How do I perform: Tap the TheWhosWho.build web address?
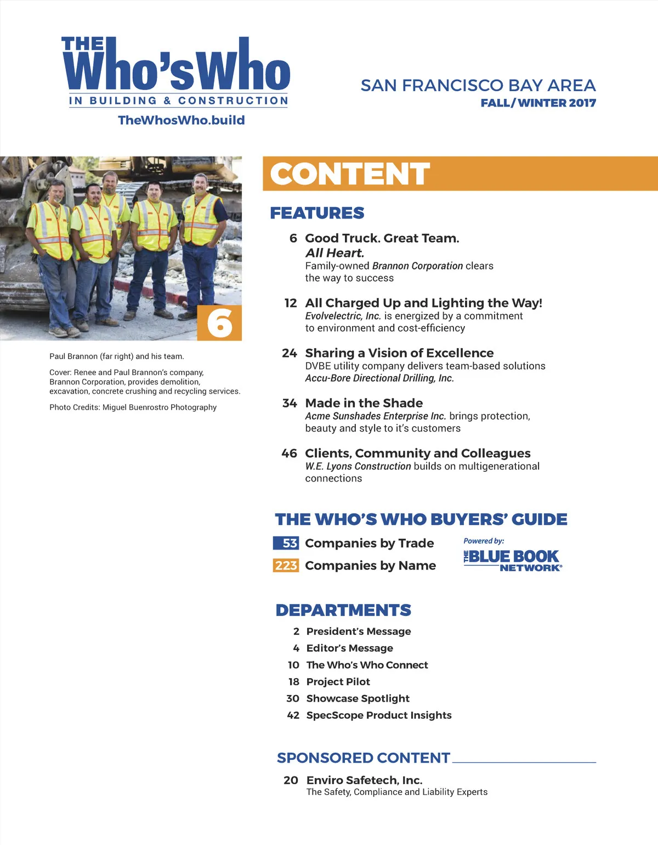[181, 120]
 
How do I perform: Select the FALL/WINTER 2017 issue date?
[538, 103]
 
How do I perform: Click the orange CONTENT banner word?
[350, 174]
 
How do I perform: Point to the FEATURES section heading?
[317, 213]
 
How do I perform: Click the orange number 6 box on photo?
[219, 323]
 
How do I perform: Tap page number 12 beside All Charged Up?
[291, 303]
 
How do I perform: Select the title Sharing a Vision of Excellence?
[399, 353]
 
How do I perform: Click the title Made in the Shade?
[364, 403]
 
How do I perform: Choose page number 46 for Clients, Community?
[289, 454]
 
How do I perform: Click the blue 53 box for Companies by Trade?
[286, 543]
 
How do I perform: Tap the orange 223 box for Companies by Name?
[286, 566]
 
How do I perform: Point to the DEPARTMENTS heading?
[343, 610]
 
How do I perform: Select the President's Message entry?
[359, 631]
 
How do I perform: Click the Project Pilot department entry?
[338, 682]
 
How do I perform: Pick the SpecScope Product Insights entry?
[379, 715]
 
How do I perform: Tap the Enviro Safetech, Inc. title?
[364, 780]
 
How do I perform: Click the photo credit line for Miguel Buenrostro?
[133, 407]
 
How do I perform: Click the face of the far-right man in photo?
[200, 184]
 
